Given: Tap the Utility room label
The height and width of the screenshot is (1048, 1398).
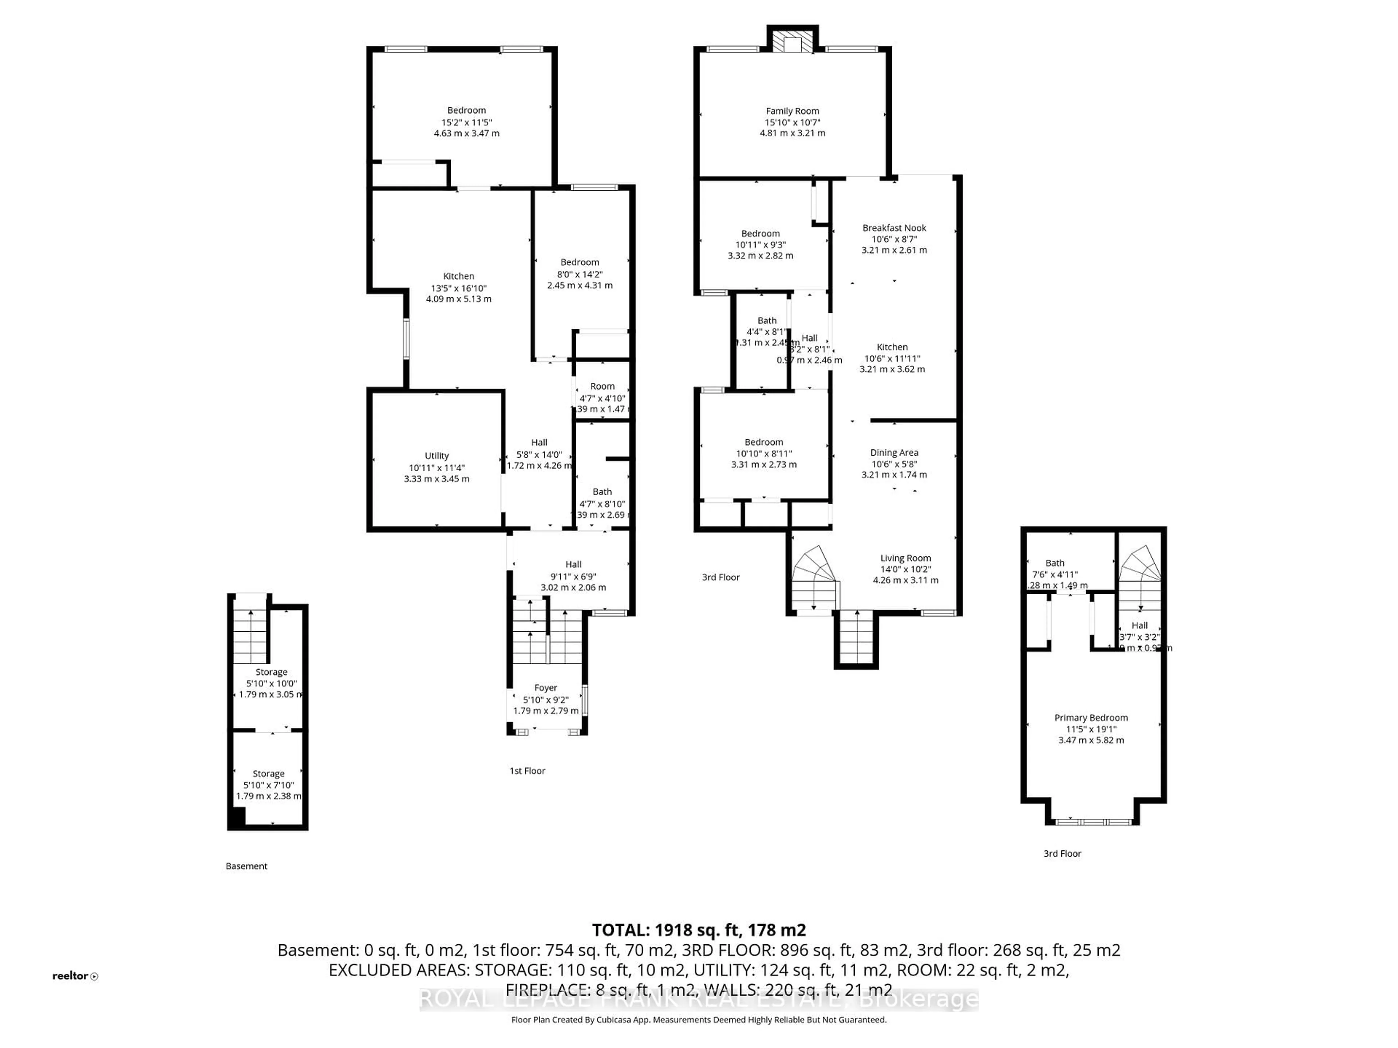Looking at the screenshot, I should coord(437,456).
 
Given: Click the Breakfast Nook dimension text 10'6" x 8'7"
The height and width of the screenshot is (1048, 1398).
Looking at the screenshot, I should coord(894,239).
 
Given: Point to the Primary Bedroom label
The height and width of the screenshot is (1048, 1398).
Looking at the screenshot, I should coord(1091,718).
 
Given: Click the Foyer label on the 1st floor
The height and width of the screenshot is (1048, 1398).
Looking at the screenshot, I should coord(545,688).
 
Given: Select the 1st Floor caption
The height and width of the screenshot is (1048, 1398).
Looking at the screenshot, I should coord(527,771).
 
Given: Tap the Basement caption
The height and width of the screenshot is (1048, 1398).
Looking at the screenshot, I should coord(246,866).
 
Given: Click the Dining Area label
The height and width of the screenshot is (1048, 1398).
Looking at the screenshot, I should coord(894,452).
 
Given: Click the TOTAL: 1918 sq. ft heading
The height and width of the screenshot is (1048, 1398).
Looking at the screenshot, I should coord(698,930).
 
